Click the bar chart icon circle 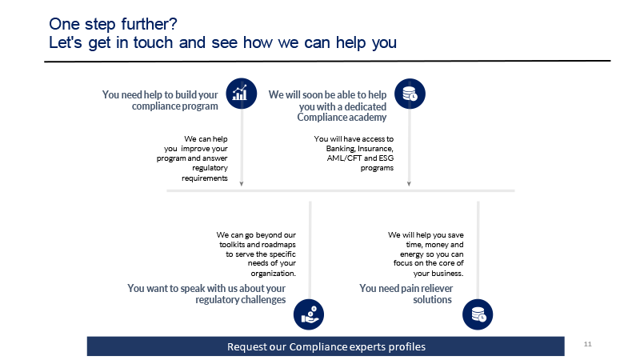click(x=242, y=94)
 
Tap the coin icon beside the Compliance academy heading click(x=410, y=94)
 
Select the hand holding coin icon click(x=309, y=314)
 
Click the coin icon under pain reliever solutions click(x=478, y=314)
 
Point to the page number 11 click(x=588, y=344)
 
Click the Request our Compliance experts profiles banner click(x=326, y=346)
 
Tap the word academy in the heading click(x=369, y=118)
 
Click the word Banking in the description click(x=341, y=149)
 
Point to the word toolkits click(x=233, y=245)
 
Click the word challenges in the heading click(x=263, y=300)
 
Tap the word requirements click(x=205, y=178)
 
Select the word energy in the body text click(x=412, y=254)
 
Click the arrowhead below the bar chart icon click(x=242, y=184)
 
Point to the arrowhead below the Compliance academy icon click(x=409, y=184)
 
